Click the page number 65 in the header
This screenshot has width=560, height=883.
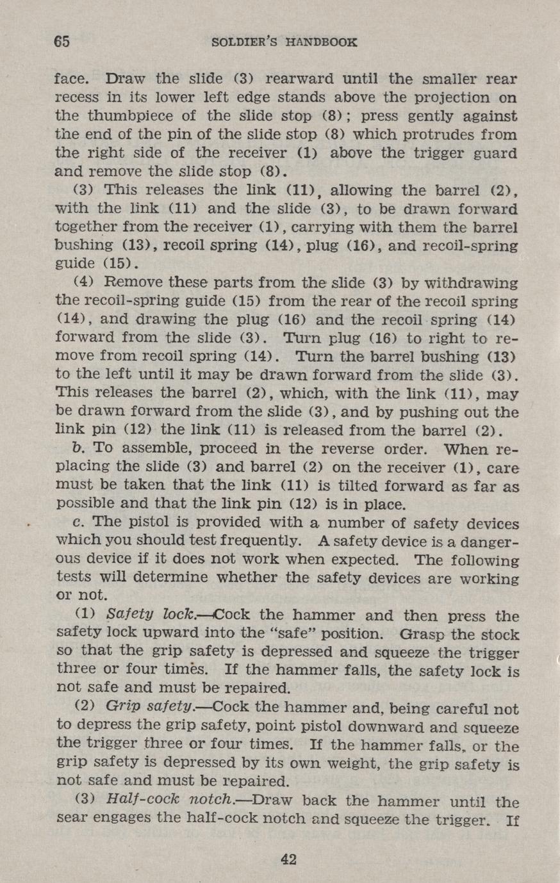pyautogui.click(x=62, y=42)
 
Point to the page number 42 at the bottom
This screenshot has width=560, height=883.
pyautogui.click(x=288, y=859)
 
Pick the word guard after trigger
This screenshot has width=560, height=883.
pyautogui.click(x=493, y=154)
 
